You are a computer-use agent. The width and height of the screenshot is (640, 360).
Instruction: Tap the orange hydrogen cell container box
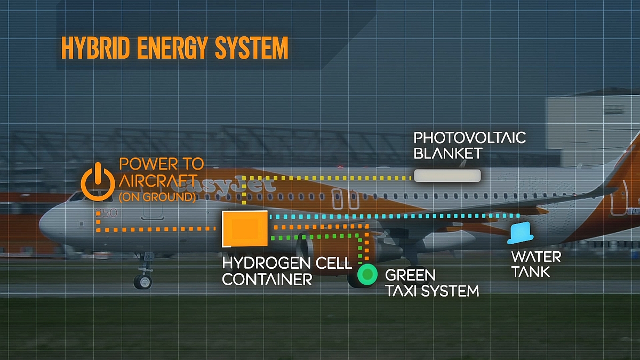(245, 229)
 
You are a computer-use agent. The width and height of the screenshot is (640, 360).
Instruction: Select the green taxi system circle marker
(367, 275)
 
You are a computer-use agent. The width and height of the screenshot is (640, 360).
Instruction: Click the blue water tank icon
(520, 233)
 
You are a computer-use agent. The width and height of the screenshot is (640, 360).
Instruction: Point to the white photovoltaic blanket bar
(447, 175)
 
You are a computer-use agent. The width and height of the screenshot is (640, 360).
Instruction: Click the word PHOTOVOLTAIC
(470, 138)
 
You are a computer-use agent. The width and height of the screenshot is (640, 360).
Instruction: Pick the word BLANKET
(448, 154)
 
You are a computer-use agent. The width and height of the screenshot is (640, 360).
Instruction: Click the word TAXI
(404, 291)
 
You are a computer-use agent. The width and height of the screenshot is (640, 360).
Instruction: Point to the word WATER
(536, 257)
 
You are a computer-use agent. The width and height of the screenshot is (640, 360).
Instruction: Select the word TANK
(531, 271)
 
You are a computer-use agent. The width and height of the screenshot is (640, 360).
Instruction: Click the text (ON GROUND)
(157, 197)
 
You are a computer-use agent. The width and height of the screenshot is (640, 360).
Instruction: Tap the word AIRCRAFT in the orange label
(158, 180)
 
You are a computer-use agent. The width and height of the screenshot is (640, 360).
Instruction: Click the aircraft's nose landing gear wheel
(142, 281)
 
